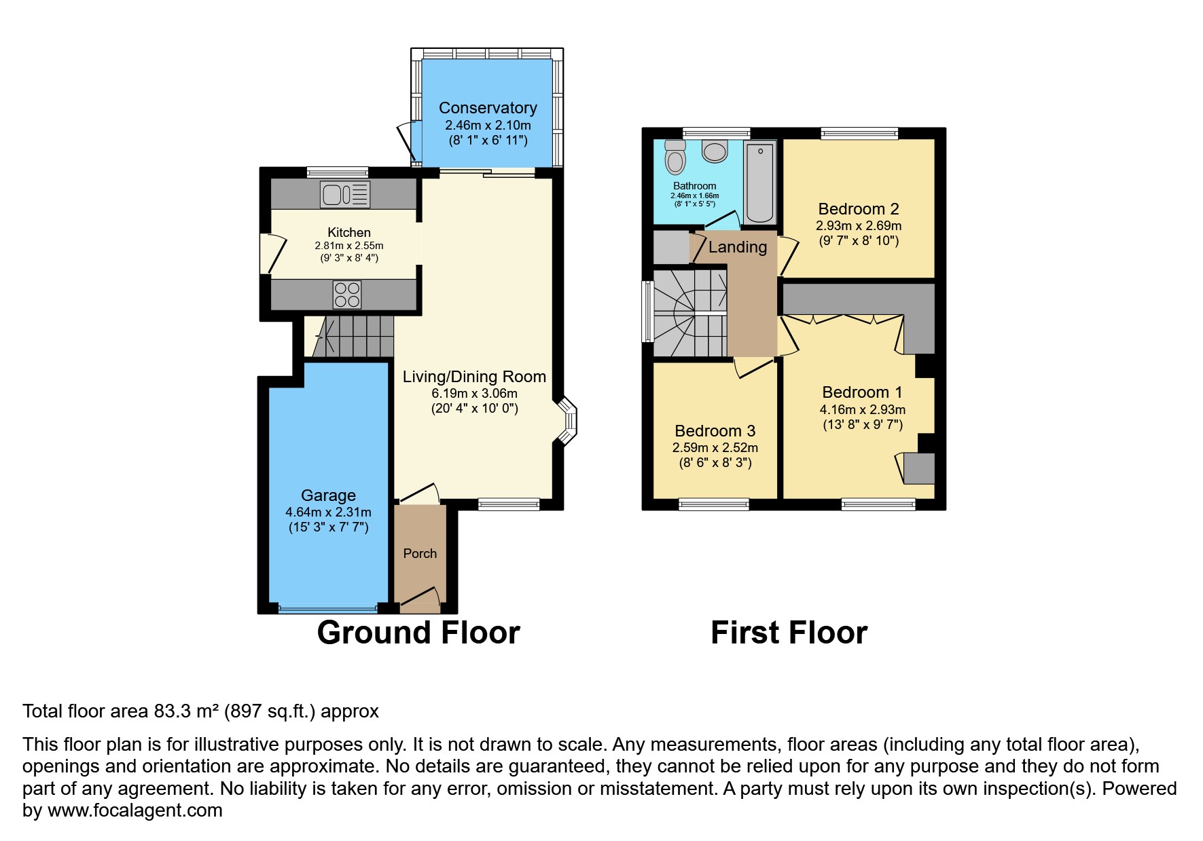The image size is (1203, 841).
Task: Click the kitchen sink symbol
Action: click(345, 195)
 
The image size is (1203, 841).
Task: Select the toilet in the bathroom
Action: click(675, 158)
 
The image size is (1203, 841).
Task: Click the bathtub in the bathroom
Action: click(760, 183)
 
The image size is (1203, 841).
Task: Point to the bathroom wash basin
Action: click(715, 151)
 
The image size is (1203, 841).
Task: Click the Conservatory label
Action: click(488, 108)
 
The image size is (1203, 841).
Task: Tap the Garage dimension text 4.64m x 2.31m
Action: click(328, 512)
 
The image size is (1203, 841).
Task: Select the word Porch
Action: click(420, 553)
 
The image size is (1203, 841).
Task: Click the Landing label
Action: click(738, 247)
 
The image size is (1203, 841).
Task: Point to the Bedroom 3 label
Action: click(715, 431)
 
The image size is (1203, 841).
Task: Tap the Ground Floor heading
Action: click(418, 633)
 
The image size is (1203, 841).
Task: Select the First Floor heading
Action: click(789, 633)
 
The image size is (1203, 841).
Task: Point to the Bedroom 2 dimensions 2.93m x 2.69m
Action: click(859, 225)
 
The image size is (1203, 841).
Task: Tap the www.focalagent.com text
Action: click(134, 810)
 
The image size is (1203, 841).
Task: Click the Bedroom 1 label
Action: click(861, 392)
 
